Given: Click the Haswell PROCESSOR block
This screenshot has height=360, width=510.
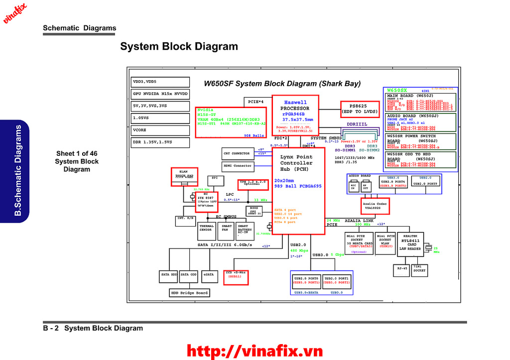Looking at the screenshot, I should pos(295,115).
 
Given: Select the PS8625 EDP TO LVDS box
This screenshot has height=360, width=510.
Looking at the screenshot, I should pos(358,109).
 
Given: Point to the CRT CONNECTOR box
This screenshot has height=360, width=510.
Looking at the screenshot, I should pos(237,153).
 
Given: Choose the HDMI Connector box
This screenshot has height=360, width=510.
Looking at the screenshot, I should pos(237,166).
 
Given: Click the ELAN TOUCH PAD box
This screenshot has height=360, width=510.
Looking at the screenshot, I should pos(184,177).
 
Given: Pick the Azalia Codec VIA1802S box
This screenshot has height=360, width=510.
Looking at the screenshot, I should pos(375,206).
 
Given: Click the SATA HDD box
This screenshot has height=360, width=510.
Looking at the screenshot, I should pos(169,274).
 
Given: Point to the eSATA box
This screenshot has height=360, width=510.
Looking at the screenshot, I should pos(208,274).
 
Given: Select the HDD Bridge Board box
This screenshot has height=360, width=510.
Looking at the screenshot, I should pos(189,293).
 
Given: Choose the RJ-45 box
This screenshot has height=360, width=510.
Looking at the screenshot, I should pos(401,270).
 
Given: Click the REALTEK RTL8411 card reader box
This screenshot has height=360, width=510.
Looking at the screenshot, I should pos(412,244).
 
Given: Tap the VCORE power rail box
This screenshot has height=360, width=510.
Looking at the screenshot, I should pos(160,130).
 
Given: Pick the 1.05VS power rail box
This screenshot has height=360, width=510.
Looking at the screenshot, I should pos(160,118).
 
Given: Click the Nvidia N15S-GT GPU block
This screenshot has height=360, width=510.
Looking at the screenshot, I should pos(231,122).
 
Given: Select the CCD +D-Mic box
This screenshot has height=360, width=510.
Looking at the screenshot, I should pos(236,277).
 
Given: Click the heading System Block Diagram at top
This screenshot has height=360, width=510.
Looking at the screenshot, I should pos(179,47).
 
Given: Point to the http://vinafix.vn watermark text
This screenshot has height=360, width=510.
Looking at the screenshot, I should pos(255,351).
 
